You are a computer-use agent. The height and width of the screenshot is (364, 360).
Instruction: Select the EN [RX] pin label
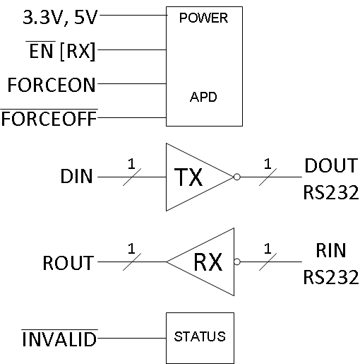[x=60, y=50]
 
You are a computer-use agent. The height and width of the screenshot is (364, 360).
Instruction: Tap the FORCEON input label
[x=51, y=84]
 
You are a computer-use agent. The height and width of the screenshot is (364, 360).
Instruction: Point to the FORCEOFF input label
[x=49, y=117]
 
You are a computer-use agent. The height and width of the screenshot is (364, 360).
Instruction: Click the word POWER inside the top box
[x=204, y=18]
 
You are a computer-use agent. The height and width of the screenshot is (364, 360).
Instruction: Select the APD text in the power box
[x=204, y=98]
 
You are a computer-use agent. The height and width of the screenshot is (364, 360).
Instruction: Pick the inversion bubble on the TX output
[x=237, y=177]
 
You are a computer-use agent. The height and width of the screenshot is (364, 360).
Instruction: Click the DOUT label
[x=331, y=166]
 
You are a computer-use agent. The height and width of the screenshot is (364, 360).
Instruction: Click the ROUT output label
[x=68, y=263]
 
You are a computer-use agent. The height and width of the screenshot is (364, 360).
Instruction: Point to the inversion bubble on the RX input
[x=237, y=262]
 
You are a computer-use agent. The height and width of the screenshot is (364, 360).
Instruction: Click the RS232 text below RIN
[x=331, y=276]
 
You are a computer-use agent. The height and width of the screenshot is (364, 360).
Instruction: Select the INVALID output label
[x=59, y=339]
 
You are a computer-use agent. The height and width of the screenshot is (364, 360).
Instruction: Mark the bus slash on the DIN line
[x=131, y=177]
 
